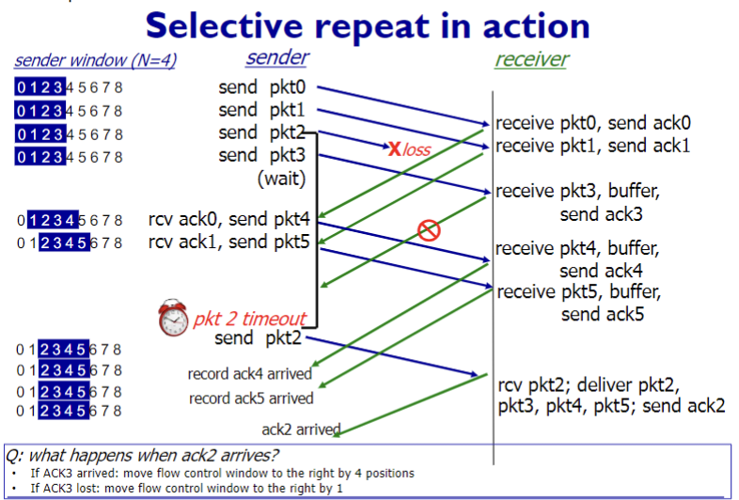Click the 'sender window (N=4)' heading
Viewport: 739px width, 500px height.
95,61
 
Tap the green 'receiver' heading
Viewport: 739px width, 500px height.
531,60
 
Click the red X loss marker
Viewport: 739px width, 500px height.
395,148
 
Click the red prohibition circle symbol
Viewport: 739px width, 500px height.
429,230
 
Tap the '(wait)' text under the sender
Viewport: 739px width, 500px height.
281,178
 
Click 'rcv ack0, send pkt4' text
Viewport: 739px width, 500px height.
228,220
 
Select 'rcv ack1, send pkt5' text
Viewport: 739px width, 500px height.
228,243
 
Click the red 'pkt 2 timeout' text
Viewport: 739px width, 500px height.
249,320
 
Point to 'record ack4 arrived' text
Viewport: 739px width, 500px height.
250,375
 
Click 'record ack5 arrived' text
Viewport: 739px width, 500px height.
251,398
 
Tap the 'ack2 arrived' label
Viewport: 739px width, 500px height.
300,430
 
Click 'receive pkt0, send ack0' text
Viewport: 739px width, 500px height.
593,123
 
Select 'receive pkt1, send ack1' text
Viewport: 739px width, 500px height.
593,146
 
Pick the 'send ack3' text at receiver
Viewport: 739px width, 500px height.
601,214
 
